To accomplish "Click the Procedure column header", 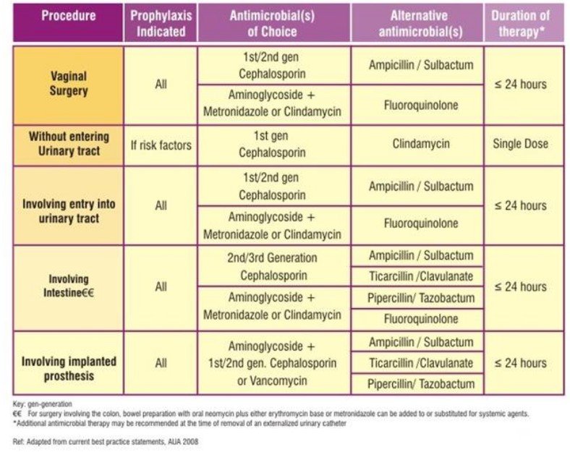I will pyautogui.click(x=69, y=15).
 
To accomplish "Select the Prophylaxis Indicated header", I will pyautogui.click(x=161, y=22).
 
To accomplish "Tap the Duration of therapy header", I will pyautogui.click(x=520, y=22).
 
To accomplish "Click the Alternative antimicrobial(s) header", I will pyautogui.click(x=417, y=22).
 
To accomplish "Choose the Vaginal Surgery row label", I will pyautogui.click(x=69, y=85).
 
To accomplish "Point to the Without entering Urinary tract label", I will pyautogui.click(x=69, y=145).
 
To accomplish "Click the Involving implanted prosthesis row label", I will pyautogui.click(x=69, y=368).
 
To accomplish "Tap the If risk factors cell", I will pyautogui.click(x=161, y=145).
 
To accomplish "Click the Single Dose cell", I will pyautogui.click(x=520, y=144).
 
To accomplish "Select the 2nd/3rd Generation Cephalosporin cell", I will pyautogui.click(x=273, y=266).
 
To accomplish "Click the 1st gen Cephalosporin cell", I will pyautogui.click(x=273, y=144).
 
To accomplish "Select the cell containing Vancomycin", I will pyautogui.click(x=273, y=362).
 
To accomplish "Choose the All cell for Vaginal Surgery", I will pyautogui.click(x=161, y=84).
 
